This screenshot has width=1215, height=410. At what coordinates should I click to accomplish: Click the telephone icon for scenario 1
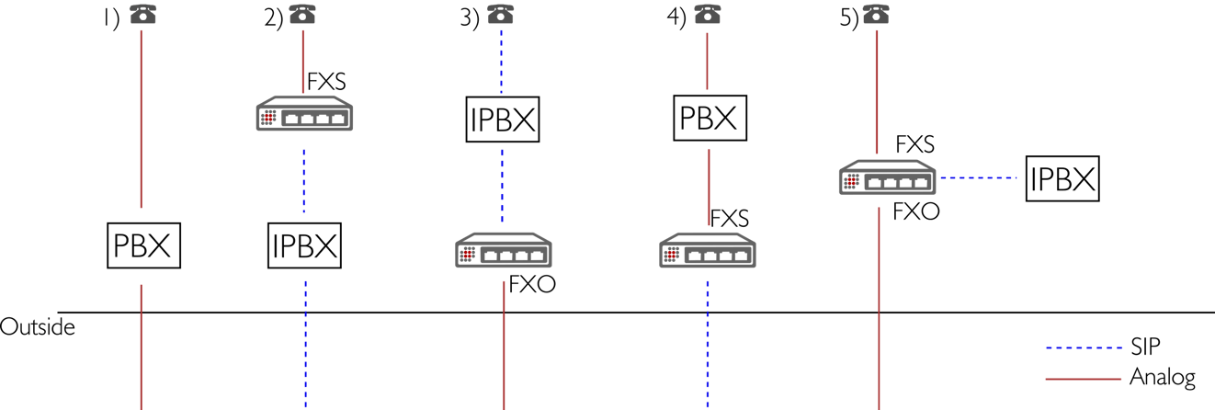[x=141, y=15]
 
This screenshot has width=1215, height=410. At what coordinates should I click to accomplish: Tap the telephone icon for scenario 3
[x=500, y=15]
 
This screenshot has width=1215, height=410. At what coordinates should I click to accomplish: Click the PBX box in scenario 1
[x=142, y=245]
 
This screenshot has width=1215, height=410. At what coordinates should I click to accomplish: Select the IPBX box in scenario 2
[x=304, y=245]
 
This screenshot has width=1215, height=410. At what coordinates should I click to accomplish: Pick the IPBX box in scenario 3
[x=502, y=119]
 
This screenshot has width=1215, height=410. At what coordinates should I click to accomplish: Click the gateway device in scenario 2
[x=303, y=116]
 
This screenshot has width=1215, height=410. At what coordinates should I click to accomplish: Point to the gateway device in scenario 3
[x=504, y=252]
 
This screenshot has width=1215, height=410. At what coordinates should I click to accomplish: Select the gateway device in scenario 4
[x=708, y=252]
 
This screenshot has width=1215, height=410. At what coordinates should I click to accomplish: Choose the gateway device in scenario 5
[x=887, y=177]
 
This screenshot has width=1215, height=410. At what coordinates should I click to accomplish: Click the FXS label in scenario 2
[x=326, y=82]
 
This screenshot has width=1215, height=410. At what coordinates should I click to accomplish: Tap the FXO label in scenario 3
[x=532, y=286]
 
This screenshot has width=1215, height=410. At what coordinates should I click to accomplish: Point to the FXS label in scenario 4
[x=730, y=218]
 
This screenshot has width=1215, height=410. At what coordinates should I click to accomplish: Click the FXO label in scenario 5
[x=915, y=212]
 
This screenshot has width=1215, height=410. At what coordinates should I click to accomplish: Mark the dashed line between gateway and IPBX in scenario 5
[x=980, y=178]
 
